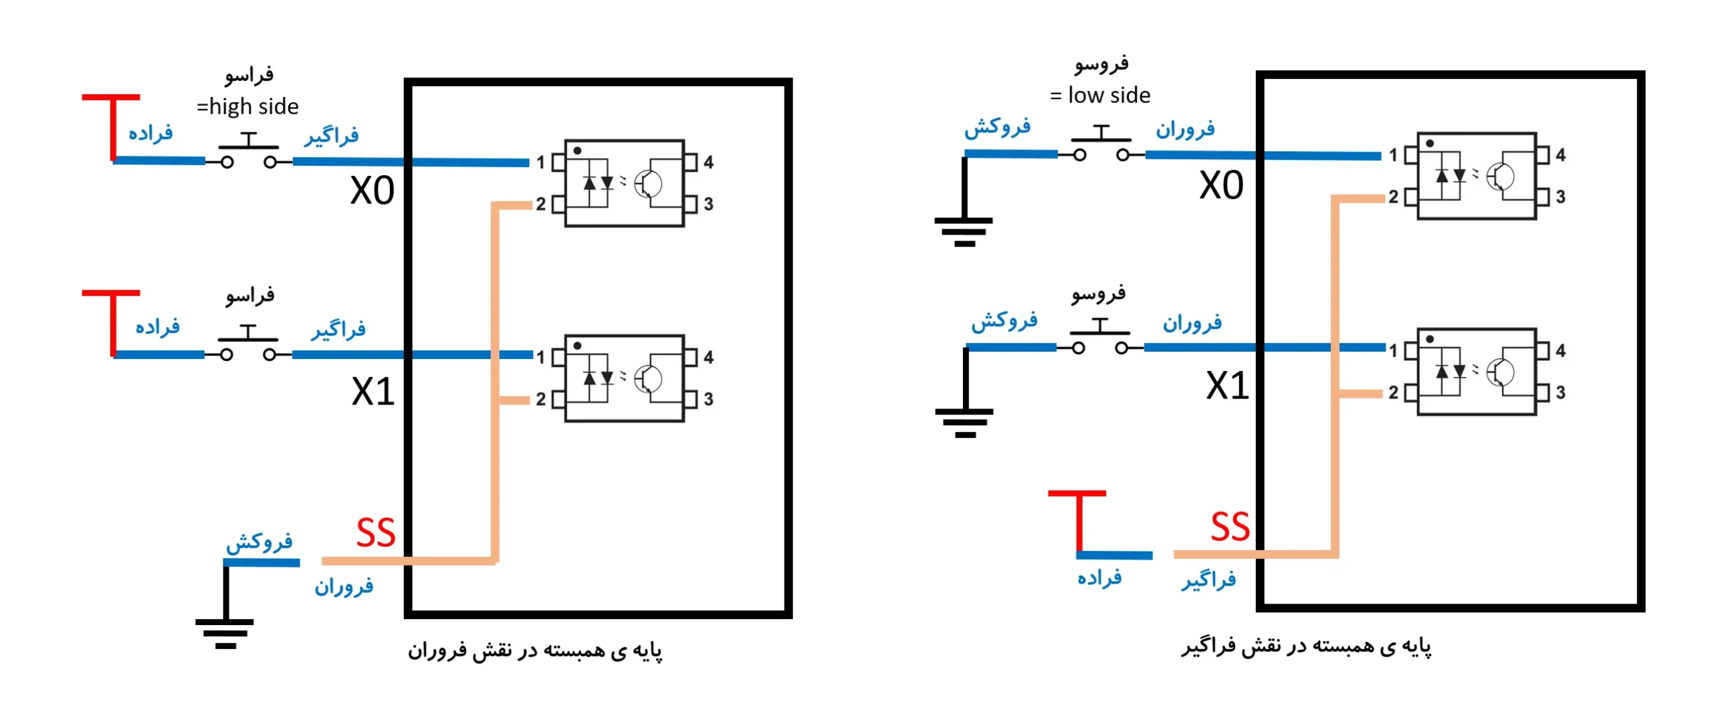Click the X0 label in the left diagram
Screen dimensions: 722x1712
(x=372, y=191)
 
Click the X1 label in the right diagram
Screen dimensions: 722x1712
(x=1226, y=386)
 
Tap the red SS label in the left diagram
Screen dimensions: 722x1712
(x=375, y=533)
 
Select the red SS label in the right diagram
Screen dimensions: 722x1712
(x=1229, y=527)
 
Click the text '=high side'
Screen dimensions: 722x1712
(x=247, y=106)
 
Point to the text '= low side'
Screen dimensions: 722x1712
(x=1099, y=96)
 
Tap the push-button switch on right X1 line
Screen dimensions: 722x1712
(x=1099, y=338)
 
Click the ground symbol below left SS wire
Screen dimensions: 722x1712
(x=225, y=632)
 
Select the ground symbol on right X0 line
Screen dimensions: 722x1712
(x=964, y=231)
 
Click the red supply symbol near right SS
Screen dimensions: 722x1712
(x=1077, y=521)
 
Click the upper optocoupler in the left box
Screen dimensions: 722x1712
(x=624, y=183)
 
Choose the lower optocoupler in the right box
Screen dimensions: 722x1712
(x=1476, y=372)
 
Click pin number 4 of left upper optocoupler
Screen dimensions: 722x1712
(x=708, y=162)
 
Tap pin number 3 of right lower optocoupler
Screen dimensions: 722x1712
(x=1560, y=392)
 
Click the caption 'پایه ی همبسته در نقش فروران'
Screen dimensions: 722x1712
(x=535, y=650)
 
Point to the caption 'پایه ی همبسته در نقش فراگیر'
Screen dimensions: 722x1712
(x=1305, y=646)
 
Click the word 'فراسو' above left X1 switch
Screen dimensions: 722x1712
(x=249, y=295)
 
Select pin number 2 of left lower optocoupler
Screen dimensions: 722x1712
(x=540, y=399)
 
